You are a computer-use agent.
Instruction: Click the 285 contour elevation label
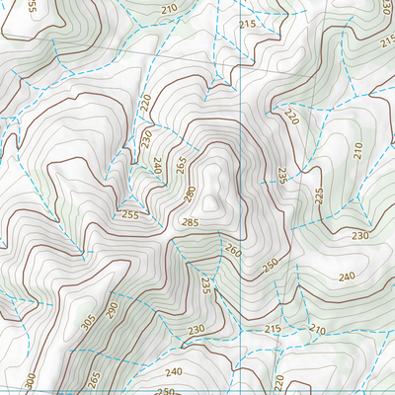[191, 223]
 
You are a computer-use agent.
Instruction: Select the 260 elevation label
[232, 252]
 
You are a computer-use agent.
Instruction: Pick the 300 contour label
[32, 379]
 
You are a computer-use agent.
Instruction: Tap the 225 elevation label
[319, 196]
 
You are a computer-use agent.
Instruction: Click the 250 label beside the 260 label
[271, 266]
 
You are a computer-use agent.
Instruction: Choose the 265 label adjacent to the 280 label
[179, 164]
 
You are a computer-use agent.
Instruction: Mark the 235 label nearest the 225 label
[281, 176]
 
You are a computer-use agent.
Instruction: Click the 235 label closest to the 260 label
[205, 286]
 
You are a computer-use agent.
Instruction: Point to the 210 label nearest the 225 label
[357, 151]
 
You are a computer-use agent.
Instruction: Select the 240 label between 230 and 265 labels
[156, 167]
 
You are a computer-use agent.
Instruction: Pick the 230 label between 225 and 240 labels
[359, 235]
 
